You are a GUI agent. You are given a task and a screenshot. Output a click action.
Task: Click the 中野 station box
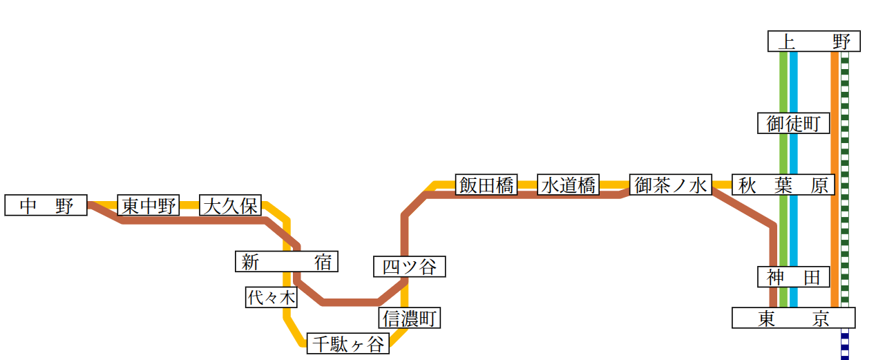click(46, 205)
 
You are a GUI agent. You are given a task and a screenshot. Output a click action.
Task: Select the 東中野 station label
click(149, 205)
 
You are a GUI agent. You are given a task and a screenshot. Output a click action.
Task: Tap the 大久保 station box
click(230, 205)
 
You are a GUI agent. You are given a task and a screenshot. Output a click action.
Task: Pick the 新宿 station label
click(287, 262)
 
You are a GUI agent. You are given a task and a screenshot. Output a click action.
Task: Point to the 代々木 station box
click(272, 298)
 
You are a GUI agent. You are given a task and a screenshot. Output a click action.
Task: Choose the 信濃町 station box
click(410, 319)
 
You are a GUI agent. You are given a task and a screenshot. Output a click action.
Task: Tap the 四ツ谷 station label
click(410, 267)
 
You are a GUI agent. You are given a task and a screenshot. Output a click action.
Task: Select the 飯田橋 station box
click(487, 185)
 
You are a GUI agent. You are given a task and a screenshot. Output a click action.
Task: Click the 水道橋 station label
click(569, 185)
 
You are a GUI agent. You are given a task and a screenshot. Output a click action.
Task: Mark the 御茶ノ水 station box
click(671, 185)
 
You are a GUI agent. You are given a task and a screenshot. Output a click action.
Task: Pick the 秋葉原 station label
click(783, 185)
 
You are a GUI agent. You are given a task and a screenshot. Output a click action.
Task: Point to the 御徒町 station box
click(794, 124)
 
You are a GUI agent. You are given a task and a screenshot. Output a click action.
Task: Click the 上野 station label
click(814, 41)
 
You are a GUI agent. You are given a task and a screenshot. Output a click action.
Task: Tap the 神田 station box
click(794, 277)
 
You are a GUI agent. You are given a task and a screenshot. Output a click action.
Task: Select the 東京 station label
click(793, 319)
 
